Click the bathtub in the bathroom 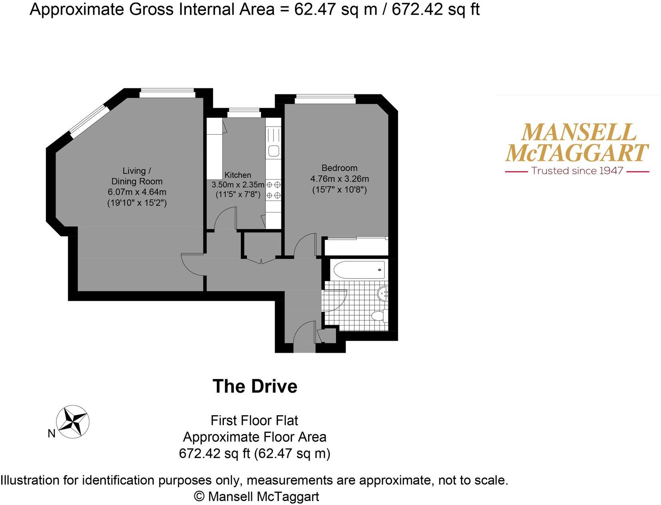click(358, 270)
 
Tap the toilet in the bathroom click(379, 316)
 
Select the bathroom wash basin click(383, 294)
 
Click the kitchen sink click(273, 151)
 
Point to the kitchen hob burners click(273, 190)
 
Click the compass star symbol click(73, 422)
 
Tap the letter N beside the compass click(51, 433)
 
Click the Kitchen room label click(237, 175)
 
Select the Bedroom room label click(339, 168)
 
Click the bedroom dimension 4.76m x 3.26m click(339, 179)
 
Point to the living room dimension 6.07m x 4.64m click(137, 192)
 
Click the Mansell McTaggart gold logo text click(577, 143)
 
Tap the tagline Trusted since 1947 click(577, 171)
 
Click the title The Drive click(255, 386)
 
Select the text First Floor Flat click(254, 420)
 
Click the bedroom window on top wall click(325, 99)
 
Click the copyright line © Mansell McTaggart click(256, 497)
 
